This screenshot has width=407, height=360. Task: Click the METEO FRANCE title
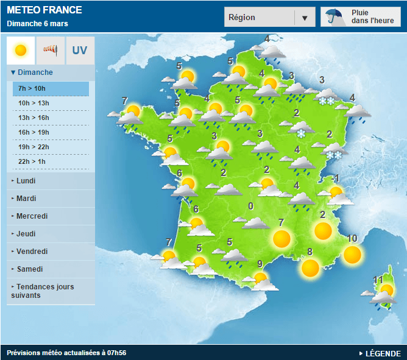[44, 10]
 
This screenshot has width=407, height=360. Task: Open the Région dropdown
[269, 18]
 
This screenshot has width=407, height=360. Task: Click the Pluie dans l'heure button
[361, 17]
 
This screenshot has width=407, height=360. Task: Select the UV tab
[80, 50]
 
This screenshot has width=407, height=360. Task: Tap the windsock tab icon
[51, 50]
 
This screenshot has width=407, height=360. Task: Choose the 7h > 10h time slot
[51, 88]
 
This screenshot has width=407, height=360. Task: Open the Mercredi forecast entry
[32, 216]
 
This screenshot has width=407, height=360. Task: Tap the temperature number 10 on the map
[352, 239]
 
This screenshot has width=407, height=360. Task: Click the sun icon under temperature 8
[310, 268]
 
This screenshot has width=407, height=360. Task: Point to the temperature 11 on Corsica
[378, 280]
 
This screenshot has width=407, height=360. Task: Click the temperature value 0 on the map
[250, 206]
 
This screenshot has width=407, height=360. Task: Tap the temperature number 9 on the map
[260, 264]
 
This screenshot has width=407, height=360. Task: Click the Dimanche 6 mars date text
[37, 24]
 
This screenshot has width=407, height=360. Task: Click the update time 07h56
[116, 353]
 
